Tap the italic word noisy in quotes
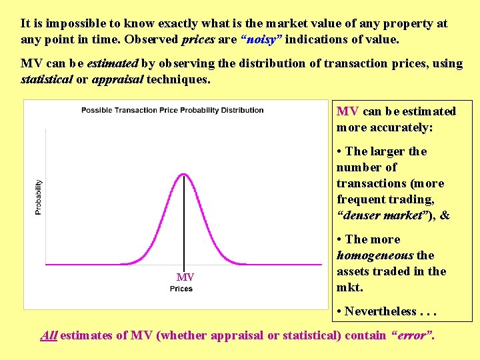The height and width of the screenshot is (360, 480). click(x=264, y=40)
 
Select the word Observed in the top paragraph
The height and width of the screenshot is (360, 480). click(x=154, y=40)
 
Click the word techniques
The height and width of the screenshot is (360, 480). click(x=178, y=80)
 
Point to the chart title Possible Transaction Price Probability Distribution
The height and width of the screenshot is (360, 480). click(x=173, y=110)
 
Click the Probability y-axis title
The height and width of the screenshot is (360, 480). click(x=38, y=197)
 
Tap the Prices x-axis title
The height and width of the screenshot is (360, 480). click(x=181, y=289)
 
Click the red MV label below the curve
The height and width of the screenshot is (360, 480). click(x=185, y=277)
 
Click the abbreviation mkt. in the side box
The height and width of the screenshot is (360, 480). click(x=350, y=287)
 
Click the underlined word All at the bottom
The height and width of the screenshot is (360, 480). click(x=49, y=335)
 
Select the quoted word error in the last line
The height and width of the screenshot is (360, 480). click(x=411, y=335)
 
